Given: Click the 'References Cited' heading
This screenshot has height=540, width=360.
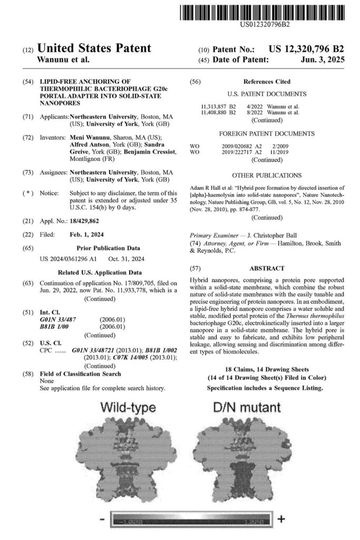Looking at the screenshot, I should [x=267, y=82].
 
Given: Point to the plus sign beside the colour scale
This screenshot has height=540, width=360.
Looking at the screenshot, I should [x=282, y=519].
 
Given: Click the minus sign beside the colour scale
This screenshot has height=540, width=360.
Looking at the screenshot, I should [x=101, y=520].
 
